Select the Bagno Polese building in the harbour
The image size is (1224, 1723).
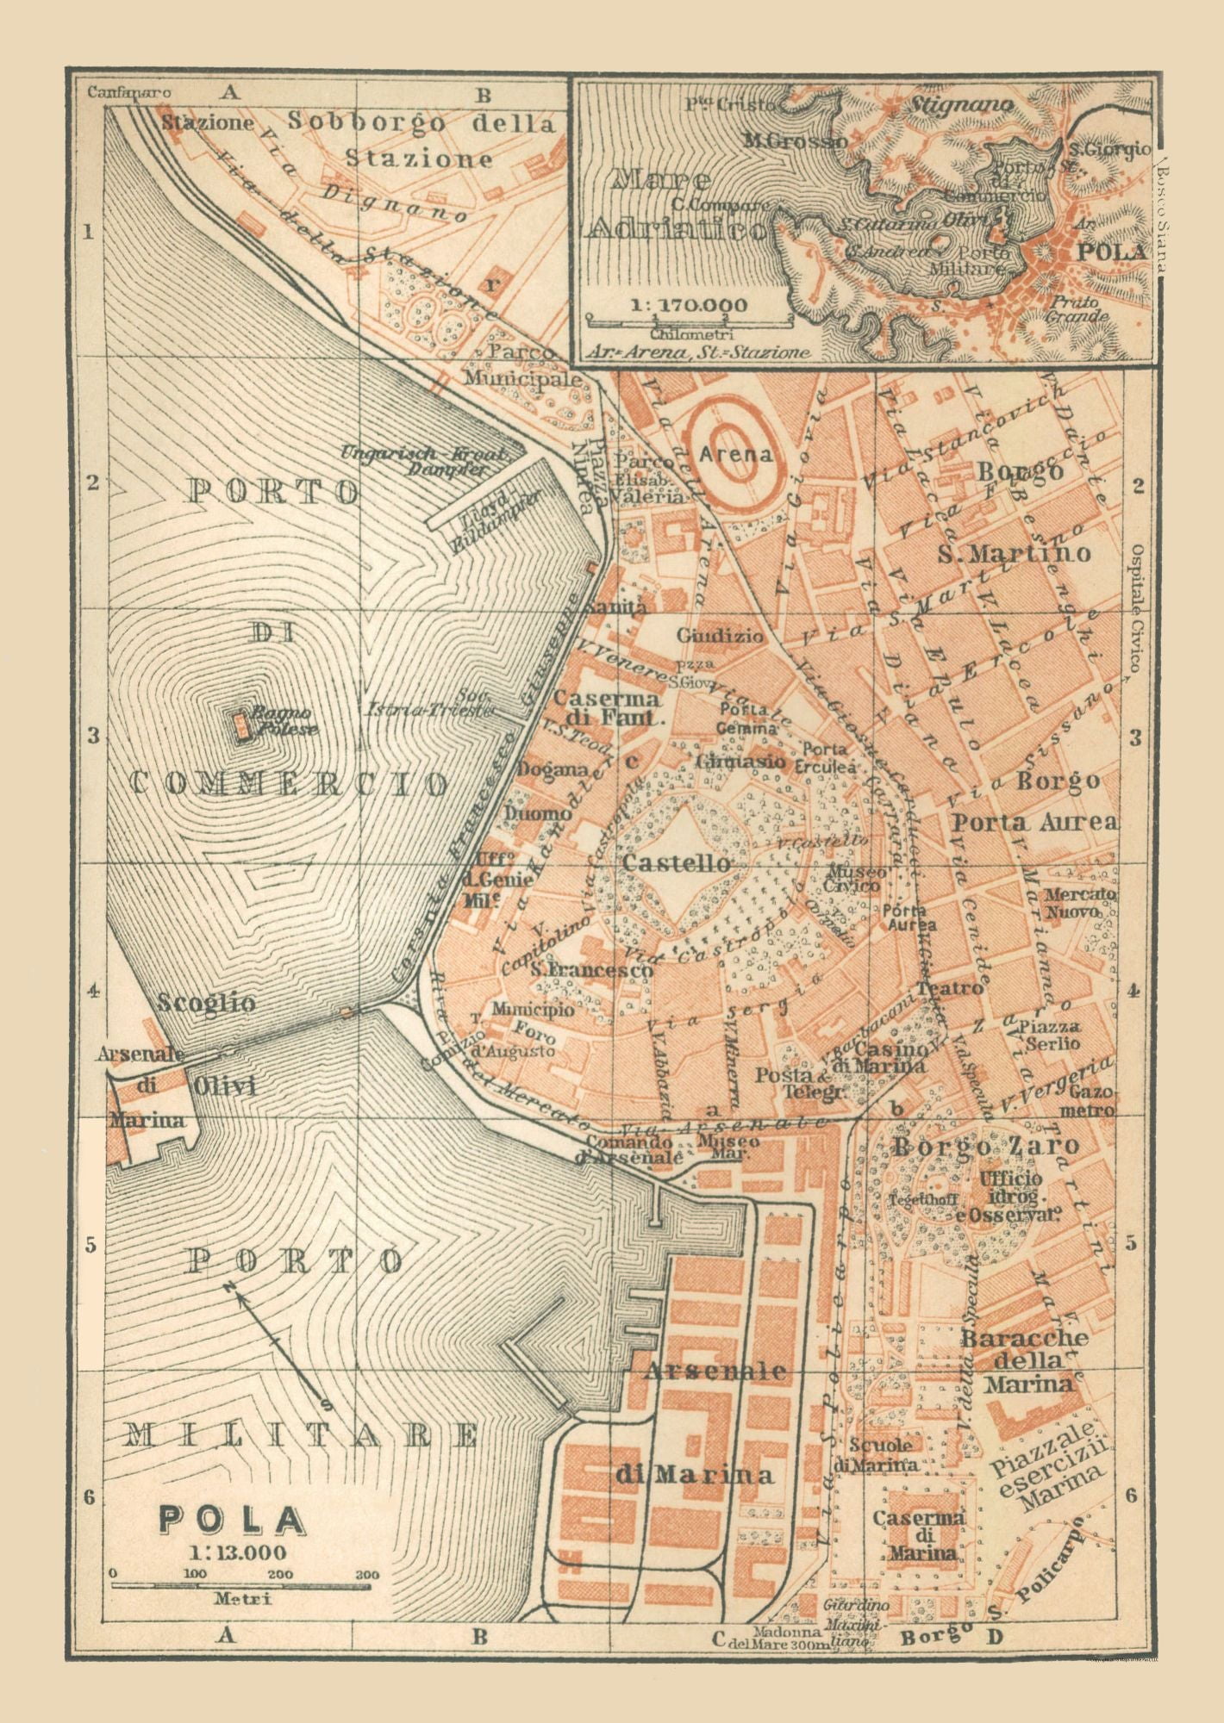(x=241, y=723)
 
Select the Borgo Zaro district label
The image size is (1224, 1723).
(x=984, y=1147)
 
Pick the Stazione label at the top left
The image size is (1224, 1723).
(x=208, y=122)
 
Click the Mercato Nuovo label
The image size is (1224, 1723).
(x=1081, y=902)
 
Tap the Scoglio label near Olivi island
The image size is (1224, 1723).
(x=206, y=1003)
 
